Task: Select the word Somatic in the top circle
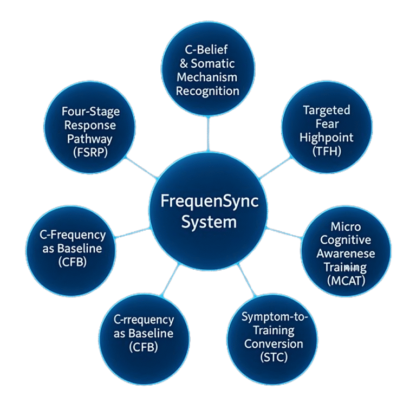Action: pyautogui.click(x=214, y=63)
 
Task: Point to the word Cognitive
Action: pyautogui.click(x=346, y=239)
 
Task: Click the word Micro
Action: pyautogui.click(x=346, y=226)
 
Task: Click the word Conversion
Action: pyautogui.click(x=273, y=344)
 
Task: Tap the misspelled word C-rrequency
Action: pyautogui.click(x=144, y=320)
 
